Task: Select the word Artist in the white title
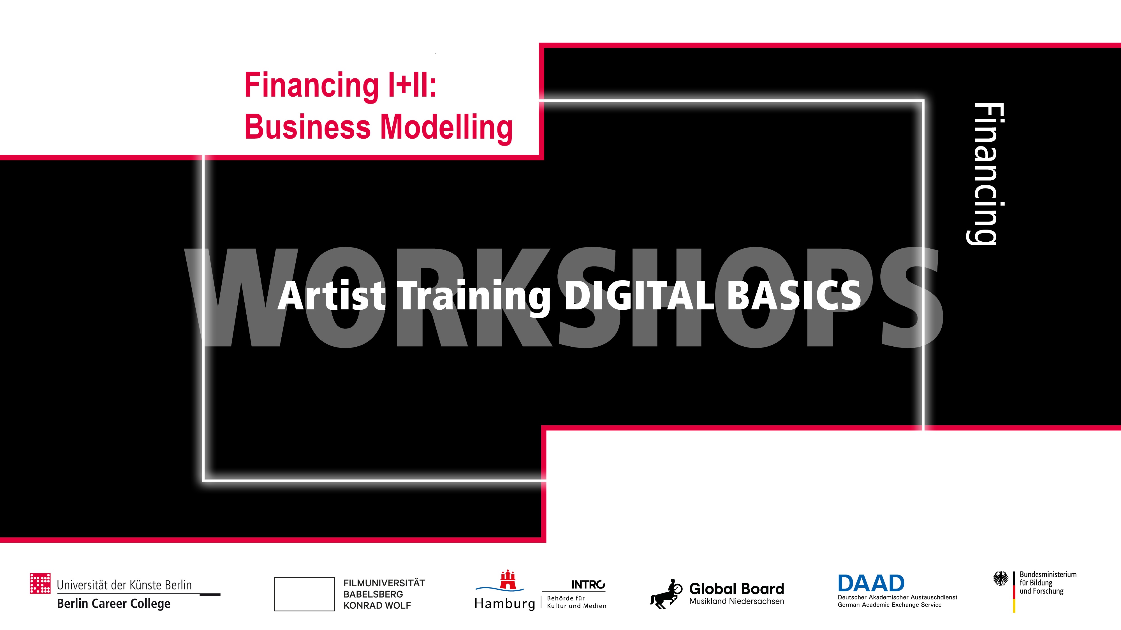click(332, 296)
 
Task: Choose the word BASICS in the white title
click(794, 296)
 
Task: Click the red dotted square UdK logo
click(40, 583)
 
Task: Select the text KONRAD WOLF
click(377, 605)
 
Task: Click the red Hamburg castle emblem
click(508, 580)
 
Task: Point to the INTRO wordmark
click(588, 585)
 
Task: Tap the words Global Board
click(736, 589)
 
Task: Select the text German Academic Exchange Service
click(890, 605)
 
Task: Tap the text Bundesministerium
click(1048, 574)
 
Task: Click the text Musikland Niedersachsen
click(736, 601)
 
